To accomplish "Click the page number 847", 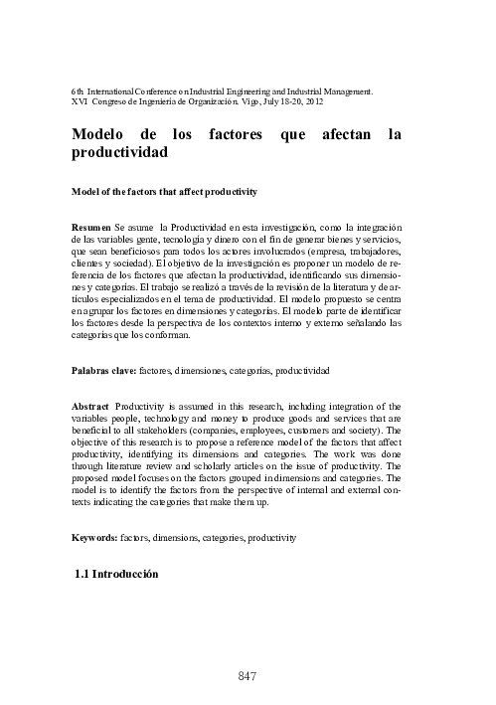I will point(248,677).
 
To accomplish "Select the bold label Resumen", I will point(93,228).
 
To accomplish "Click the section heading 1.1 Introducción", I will point(116,575).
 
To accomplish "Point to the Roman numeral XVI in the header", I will point(82,101).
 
